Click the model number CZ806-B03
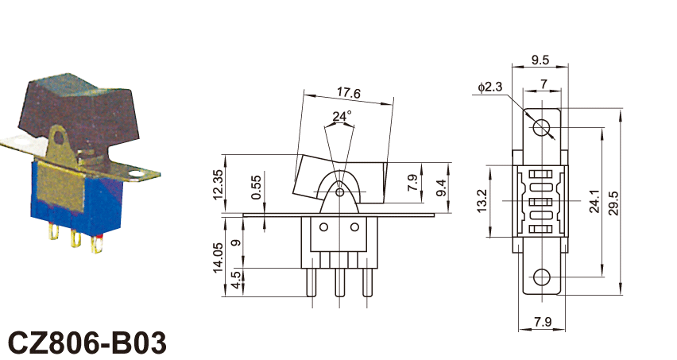pos(87,343)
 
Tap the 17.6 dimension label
pos(348,92)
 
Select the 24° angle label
pos(342,116)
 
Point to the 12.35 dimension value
pos(219,184)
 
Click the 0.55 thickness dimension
pos(256,187)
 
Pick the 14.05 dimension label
pos(218,257)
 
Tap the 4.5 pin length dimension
pos(236,280)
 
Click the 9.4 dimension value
pos(441,188)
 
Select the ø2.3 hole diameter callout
pos(490,87)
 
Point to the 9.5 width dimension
pos(540,60)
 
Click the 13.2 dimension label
pos(482,201)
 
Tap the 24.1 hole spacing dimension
pos(594,201)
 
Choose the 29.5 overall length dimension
pos(613,203)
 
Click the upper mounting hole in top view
pos(541,128)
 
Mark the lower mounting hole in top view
pos(542,277)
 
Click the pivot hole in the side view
pos(340,192)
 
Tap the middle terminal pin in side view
pos(340,282)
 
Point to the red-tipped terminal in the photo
pos(97,243)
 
